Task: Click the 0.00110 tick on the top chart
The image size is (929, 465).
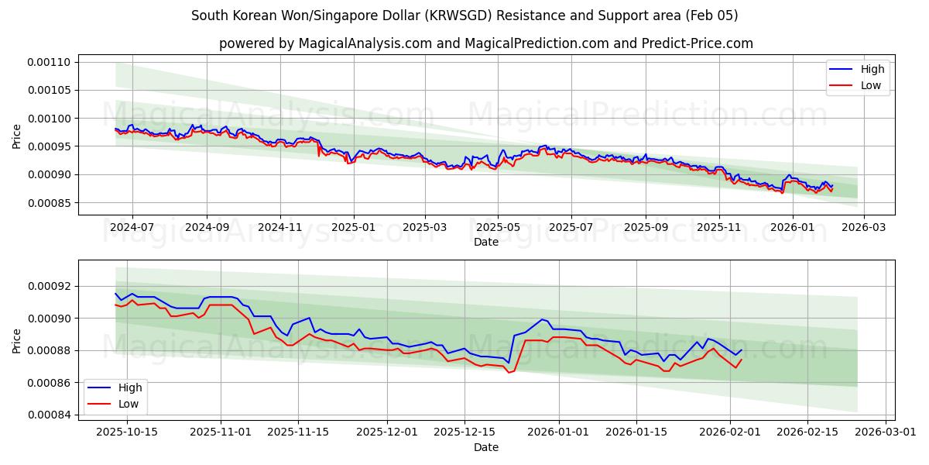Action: coord(49,62)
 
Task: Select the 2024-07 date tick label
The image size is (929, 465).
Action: coord(132,228)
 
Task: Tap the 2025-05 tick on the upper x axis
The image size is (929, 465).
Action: coord(497,228)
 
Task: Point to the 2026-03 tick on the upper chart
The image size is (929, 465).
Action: coord(864,228)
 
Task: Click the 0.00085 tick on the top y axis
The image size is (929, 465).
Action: coord(49,203)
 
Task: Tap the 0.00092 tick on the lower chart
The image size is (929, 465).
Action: coord(49,286)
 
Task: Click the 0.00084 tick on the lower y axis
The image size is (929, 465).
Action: coord(49,415)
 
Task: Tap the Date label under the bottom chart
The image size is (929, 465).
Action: coord(486,447)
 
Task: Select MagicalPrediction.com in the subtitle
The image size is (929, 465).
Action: coord(543,43)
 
